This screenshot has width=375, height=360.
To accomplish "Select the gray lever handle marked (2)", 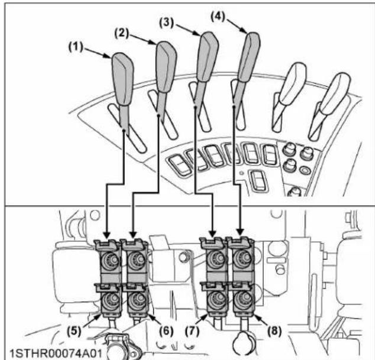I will point(164,62).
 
